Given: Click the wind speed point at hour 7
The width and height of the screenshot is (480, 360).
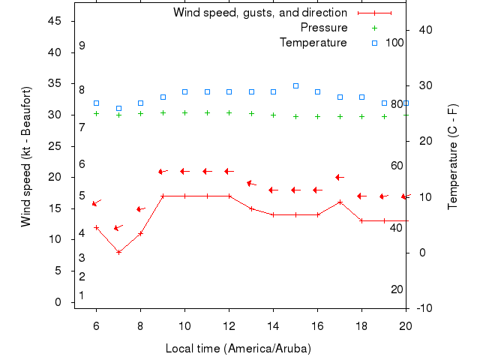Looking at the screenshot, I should [118, 252].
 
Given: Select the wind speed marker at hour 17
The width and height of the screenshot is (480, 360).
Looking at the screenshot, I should [340, 202].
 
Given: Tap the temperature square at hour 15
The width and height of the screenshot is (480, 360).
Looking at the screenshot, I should [295, 85].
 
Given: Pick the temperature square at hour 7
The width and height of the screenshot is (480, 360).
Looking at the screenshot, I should [118, 108].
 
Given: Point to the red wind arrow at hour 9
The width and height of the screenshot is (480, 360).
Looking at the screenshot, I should [162, 172].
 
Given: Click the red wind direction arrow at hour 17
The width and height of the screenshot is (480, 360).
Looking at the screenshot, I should [339, 178].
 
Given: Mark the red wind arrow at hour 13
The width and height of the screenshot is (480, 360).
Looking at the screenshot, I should [251, 183].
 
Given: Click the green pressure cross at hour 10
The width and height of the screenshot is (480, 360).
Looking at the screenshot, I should [184, 113].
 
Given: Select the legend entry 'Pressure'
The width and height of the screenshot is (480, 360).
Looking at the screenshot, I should [323, 28].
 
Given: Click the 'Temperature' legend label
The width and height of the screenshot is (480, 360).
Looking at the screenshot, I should [313, 43].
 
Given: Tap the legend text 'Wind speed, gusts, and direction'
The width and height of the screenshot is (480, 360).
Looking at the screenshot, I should [259, 13].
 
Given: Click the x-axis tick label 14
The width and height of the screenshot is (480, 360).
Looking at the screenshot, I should [273, 325].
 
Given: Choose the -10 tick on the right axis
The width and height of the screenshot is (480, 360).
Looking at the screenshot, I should [424, 308].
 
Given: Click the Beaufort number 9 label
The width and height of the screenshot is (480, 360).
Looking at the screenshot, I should [82, 46].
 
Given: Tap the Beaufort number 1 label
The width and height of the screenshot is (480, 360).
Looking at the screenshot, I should [81, 295].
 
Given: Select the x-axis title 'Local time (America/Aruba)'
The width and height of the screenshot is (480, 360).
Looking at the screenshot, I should [238, 349].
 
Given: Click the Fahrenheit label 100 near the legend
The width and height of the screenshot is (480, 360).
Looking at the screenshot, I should [394, 43].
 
